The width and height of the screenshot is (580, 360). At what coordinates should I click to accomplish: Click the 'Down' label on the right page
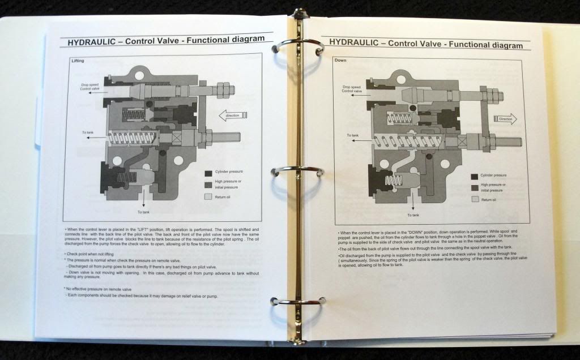tap(341, 60)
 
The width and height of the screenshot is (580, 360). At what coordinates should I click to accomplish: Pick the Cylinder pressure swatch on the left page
tap(208, 173)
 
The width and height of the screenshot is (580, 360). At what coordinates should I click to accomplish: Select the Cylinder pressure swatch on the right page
tap(474, 176)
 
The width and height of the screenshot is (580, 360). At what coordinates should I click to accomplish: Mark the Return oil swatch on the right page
tap(474, 199)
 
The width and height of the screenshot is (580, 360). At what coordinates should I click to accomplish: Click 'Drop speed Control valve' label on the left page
tap(92, 87)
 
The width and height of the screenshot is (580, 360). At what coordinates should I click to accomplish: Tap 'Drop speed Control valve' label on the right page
tap(354, 88)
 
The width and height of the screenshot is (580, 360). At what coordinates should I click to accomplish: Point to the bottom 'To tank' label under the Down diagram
tap(412, 215)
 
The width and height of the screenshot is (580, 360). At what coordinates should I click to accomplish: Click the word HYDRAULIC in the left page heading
tap(91, 41)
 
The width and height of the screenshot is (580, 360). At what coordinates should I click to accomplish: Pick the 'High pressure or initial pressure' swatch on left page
tap(208, 185)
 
